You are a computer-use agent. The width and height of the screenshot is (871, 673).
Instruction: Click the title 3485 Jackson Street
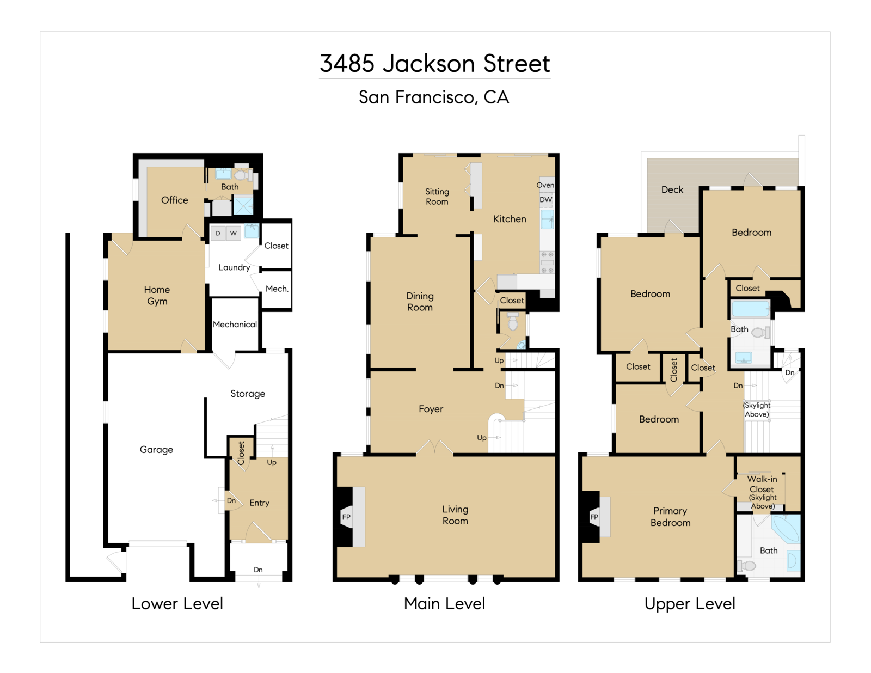coord(435,63)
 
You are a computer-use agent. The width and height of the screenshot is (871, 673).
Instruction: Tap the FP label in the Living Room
coord(346,517)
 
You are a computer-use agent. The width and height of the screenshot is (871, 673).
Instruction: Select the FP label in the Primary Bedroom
coord(594,517)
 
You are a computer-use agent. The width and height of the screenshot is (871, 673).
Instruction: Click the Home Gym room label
coord(157,296)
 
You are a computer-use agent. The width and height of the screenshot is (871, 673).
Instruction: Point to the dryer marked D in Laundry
coord(218,233)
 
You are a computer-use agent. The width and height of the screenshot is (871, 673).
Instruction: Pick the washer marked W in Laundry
coord(234,233)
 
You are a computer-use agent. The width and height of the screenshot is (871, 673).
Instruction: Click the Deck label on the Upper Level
coord(672,189)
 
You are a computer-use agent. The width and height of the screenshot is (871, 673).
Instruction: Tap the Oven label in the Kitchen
coord(545,185)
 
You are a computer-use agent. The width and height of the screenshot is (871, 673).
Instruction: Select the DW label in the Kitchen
coord(546,200)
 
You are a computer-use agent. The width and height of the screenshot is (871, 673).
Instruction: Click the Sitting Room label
coord(437,197)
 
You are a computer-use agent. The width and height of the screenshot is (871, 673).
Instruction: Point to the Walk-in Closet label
coord(762,484)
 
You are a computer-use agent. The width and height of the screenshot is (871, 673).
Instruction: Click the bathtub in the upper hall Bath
coord(750,309)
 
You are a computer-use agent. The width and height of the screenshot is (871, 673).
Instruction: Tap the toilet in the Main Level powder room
coord(513,322)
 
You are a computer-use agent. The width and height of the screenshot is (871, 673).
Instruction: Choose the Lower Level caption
coord(177,604)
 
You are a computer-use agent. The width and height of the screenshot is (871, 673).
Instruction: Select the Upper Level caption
coord(690,604)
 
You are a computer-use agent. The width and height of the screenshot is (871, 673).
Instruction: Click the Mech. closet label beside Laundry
coord(277,289)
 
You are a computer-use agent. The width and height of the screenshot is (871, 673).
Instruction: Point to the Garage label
coord(156,450)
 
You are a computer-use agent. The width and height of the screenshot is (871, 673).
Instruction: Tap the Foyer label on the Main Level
coord(431,409)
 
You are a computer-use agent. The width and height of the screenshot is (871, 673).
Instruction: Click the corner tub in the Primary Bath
coord(786,529)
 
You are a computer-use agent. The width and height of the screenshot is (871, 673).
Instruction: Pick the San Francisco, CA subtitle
coord(434,97)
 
